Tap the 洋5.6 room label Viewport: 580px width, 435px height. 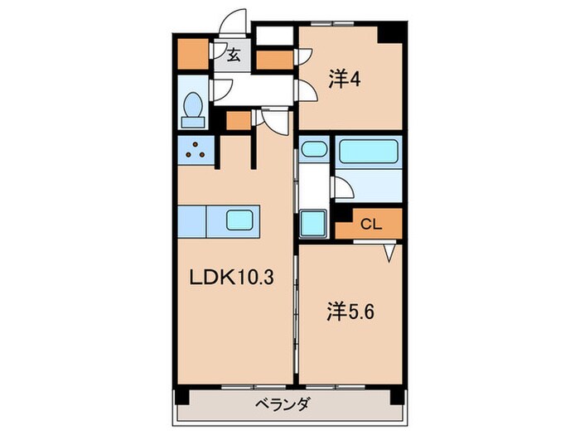[x=344, y=314]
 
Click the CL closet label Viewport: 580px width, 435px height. [x=370, y=223]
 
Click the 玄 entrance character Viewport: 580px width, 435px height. [x=234, y=56]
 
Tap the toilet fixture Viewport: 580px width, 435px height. [x=194, y=108]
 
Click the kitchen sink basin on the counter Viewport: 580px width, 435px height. [x=240, y=220]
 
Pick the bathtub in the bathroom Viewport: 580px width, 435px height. [x=370, y=152]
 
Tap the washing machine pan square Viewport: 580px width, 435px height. [x=314, y=223]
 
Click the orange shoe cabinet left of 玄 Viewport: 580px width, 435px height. [x=194, y=54]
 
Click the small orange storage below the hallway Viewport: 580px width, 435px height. [x=238, y=121]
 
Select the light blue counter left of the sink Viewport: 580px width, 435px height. [x=191, y=220]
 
